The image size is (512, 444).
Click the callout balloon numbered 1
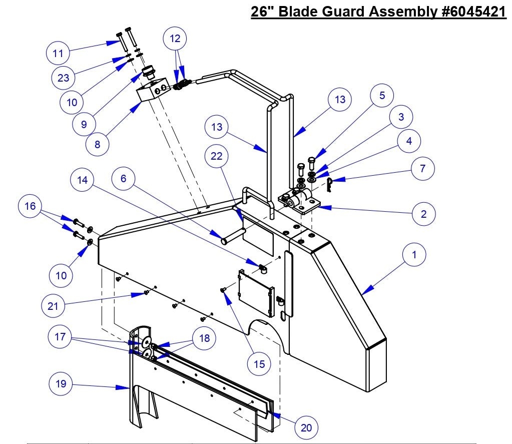[413, 255]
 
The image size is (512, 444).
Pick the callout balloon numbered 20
[306, 427]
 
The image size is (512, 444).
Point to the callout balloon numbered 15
[259, 364]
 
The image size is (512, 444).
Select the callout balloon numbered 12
[175, 38]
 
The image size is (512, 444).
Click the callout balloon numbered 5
[382, 96]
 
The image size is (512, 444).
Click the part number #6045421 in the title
[471, 12]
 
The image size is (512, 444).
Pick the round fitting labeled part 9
[148, 73]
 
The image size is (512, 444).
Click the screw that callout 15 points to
[224, 289]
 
